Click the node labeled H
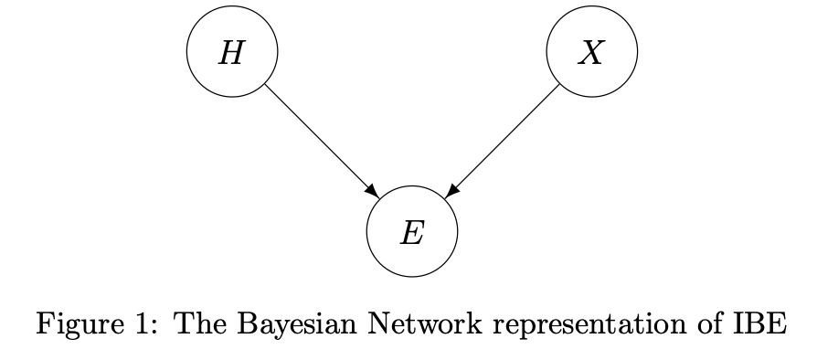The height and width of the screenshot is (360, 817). [232, 54]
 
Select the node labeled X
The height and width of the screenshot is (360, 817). [591, 54]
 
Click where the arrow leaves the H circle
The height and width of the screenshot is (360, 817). [265, 86]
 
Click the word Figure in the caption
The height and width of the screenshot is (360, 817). [72, 323]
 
